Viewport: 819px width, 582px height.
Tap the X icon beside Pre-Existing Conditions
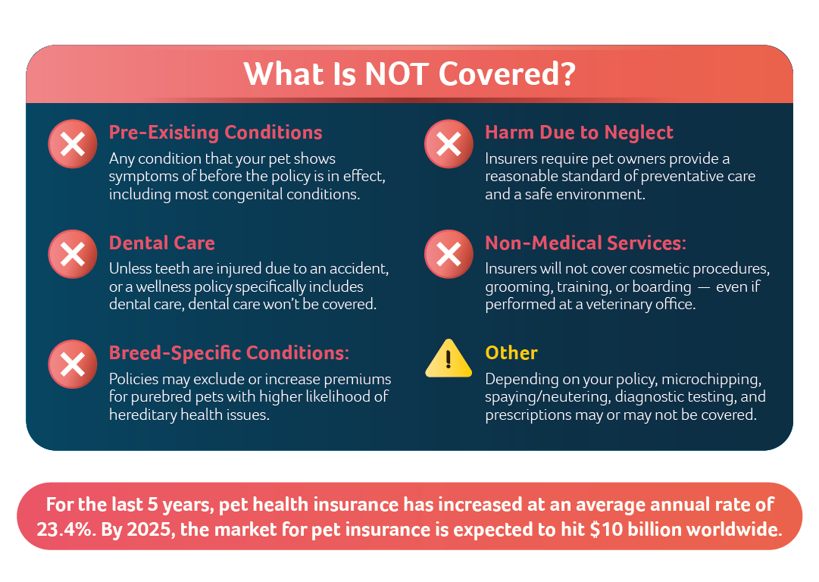click(x=73, y=144)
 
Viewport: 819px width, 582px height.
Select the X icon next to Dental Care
click(x=73, y=254)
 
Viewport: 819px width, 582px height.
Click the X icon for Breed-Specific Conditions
click(x=73, y=365)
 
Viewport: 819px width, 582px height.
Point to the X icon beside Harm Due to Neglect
click(x=449, y=144)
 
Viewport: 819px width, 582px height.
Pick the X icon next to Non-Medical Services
click(x=449, y=254)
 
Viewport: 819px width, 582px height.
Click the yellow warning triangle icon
click(x=449, y=359)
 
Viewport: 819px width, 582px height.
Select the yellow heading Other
click(x=511, y=353)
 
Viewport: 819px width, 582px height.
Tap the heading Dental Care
click(x=162, y=243)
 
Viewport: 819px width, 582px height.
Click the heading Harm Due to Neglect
click(x=580, y=133)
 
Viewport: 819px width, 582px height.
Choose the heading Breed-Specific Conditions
click(x=229, y=353)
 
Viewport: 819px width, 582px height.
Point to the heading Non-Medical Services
click(x=586, y=243)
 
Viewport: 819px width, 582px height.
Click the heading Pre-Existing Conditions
click(x=216, y=133)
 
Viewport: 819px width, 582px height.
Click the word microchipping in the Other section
click(x=711, y=380)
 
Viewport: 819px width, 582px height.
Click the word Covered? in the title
click(x=507, y=74)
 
